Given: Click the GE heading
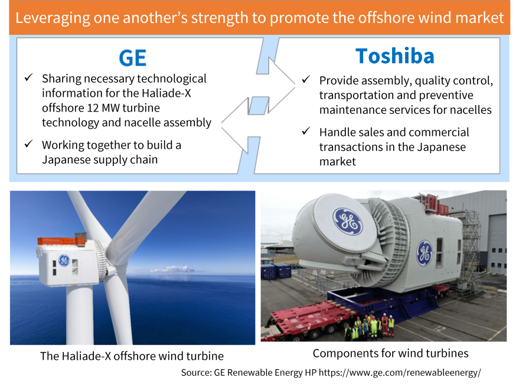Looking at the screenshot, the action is (x=132, y=58).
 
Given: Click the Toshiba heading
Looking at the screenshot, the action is (x=395, y=56).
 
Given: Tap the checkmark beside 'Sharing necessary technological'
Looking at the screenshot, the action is (x=29, y=78).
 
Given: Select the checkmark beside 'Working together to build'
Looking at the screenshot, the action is (x=29, y=144).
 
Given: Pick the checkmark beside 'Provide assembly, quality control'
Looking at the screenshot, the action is (x=306, y=79).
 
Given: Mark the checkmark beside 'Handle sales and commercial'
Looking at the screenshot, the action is (x=306, y=131).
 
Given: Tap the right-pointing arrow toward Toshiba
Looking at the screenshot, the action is (x=276, y=85).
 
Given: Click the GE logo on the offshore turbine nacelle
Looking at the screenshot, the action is (x=64, y=260).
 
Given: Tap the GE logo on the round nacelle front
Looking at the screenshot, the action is (x=348, y=221).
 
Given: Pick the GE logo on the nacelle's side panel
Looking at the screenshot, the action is (x=424, y=253).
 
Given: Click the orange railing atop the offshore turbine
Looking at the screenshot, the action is (x=61, y=241).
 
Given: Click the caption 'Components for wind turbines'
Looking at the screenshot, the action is (x=391, y=353).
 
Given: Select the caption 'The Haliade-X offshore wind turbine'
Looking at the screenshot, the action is (x=132, y=356).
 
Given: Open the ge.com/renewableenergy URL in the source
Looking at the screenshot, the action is (x=400, y=373).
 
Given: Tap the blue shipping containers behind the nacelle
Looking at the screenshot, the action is (x=276, y=271).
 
